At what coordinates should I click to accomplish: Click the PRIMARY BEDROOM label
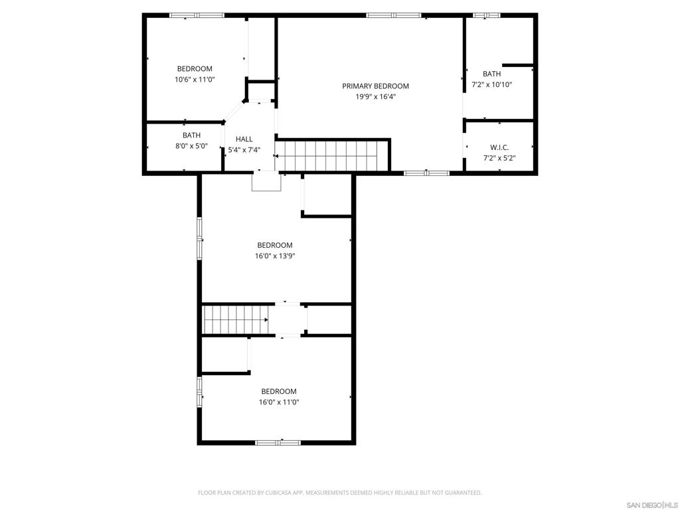[375, 86]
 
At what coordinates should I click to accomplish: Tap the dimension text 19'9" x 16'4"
[375, 96]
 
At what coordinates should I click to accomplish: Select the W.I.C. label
[499, 147]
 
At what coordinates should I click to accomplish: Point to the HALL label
[244, 139]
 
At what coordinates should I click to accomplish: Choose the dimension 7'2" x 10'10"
[491, 85]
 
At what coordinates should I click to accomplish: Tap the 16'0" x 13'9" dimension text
[275, 256]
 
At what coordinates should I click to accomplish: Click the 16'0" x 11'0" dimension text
[278, 402]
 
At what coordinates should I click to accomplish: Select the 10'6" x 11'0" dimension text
[195, 79]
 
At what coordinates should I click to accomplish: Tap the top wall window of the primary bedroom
[393, 15]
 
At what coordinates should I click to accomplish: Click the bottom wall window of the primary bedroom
[426, 173]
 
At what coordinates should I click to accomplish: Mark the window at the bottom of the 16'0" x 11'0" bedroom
[278, 442]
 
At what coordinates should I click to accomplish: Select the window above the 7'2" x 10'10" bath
[487, 15]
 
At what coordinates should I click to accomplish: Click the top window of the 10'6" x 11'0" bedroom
[197, 15]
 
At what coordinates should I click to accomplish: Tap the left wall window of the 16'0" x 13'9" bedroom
[199, 237]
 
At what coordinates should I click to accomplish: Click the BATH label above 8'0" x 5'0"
[191, 135]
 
